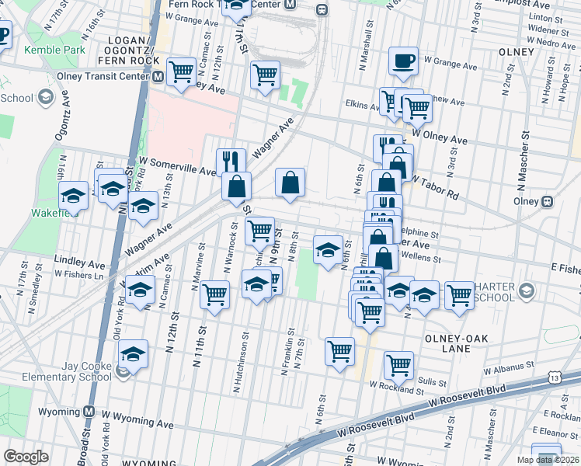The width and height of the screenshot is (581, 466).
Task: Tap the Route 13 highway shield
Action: [x=554, y=377]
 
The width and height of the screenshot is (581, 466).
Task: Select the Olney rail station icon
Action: [x=548, y=200]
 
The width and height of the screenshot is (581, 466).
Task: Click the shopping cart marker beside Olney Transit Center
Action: [x=181, y=72]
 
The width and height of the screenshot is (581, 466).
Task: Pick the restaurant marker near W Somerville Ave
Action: [x=231, y=162]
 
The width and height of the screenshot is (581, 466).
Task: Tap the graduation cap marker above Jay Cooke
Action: [x=134, y=354]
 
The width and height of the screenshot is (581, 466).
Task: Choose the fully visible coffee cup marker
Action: [x=403, y=61]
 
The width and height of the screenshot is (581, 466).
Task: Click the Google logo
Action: [x=26, y=457]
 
